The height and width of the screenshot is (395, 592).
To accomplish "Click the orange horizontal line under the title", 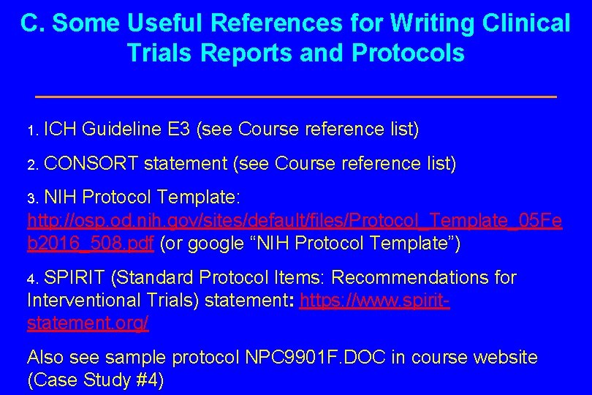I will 295,97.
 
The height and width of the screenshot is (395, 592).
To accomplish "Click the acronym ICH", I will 60,130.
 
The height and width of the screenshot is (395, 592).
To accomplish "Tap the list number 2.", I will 31,165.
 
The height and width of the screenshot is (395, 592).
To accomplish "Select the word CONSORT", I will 93,164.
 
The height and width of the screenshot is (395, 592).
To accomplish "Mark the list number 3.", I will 31,199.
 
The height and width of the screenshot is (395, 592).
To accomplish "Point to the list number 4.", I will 31,279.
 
